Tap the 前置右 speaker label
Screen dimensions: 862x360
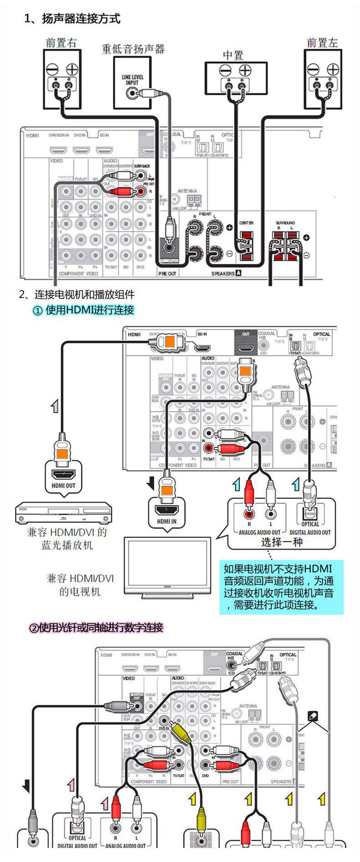[61, 43]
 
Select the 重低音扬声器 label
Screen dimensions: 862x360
[133, 49]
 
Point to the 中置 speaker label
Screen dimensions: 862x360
[233, 56]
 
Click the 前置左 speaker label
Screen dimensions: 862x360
[322, 43]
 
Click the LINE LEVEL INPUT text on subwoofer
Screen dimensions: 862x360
[132, 80]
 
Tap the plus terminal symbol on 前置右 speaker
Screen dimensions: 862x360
[72, 69]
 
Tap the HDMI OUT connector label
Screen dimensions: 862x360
[63, 486]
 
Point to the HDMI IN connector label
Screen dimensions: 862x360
[166, 521]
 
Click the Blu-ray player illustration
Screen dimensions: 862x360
[63, 513]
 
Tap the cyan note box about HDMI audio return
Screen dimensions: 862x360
[281, 587]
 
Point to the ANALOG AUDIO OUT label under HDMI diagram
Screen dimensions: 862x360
[259, 532]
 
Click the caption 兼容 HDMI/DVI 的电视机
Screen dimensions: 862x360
[80, 585]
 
